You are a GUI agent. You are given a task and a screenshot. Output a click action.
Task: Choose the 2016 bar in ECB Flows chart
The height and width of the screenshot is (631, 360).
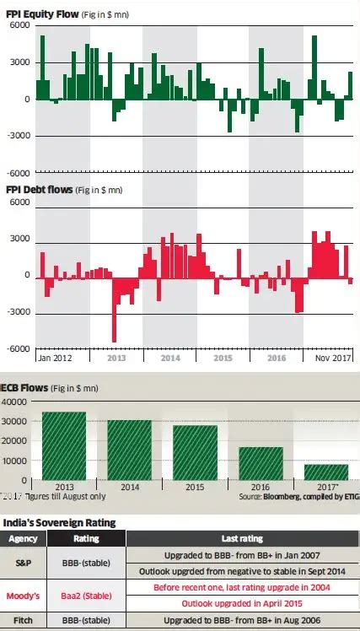pos(261,463)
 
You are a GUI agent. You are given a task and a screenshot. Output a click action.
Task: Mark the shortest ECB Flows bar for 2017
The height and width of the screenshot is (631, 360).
pos(325,472)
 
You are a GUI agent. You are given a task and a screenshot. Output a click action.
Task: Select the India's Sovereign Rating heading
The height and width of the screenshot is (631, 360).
pos(59,522)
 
